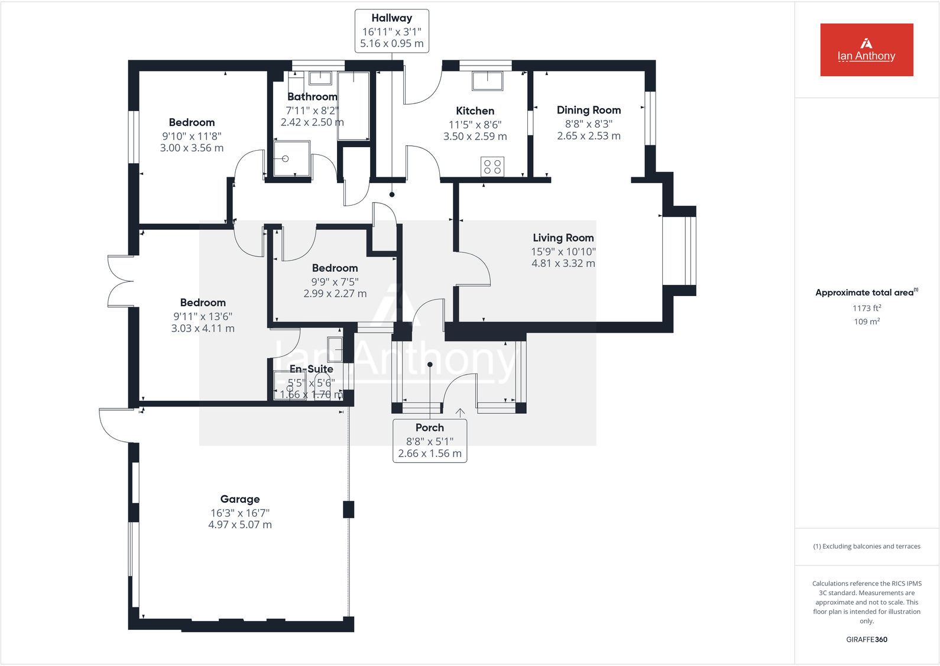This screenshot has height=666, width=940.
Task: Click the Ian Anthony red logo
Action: (866, 50)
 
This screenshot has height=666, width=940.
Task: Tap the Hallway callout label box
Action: (391, 31)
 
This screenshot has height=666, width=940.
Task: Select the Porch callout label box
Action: (430, 441)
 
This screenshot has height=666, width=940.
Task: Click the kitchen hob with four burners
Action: (492, 166)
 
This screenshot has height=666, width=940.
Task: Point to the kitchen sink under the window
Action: (487, 80)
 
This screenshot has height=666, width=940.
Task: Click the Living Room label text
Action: (563, 238)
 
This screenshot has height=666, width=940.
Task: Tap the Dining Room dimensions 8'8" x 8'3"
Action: (588, 124)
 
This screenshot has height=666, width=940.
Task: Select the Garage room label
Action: (240, 499)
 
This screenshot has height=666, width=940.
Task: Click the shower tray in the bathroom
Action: (292, 158)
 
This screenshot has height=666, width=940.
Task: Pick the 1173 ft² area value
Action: (866, 308)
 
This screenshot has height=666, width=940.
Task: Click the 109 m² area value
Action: (866, 321)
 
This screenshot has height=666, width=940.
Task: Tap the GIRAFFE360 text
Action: (866, 639)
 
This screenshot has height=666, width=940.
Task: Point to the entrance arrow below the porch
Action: (460, 412)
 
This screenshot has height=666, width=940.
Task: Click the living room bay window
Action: (679, 251)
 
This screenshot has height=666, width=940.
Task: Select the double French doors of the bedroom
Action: (121, 281)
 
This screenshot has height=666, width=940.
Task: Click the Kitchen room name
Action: (475, 111)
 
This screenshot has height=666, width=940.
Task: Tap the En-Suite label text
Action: (311, 369)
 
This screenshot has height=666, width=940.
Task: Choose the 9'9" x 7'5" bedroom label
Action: (335, 281)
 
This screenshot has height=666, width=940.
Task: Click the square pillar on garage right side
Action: (349, 509)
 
